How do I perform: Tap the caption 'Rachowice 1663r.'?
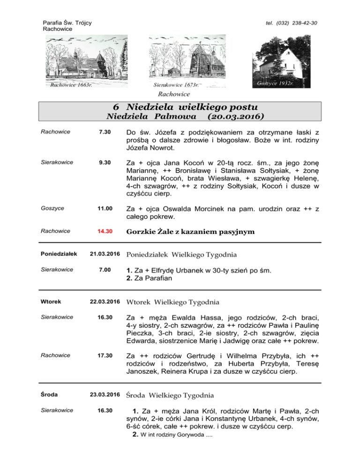coord(70,85)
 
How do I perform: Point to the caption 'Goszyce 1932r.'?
coord(275,83)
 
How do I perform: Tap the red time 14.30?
coord(104,231)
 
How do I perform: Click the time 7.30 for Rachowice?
coord(104,132)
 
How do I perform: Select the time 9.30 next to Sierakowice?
coord(104,162)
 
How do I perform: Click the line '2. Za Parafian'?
coord(150,278)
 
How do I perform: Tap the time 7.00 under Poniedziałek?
coord(104,271)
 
